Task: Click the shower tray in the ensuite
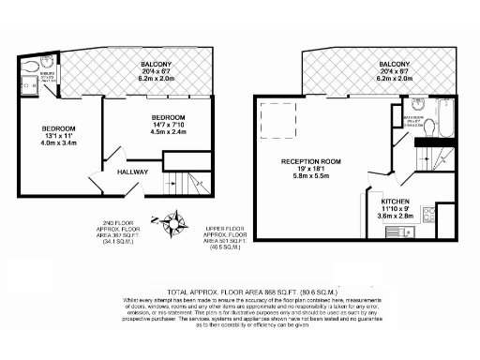tap(28, 85)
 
